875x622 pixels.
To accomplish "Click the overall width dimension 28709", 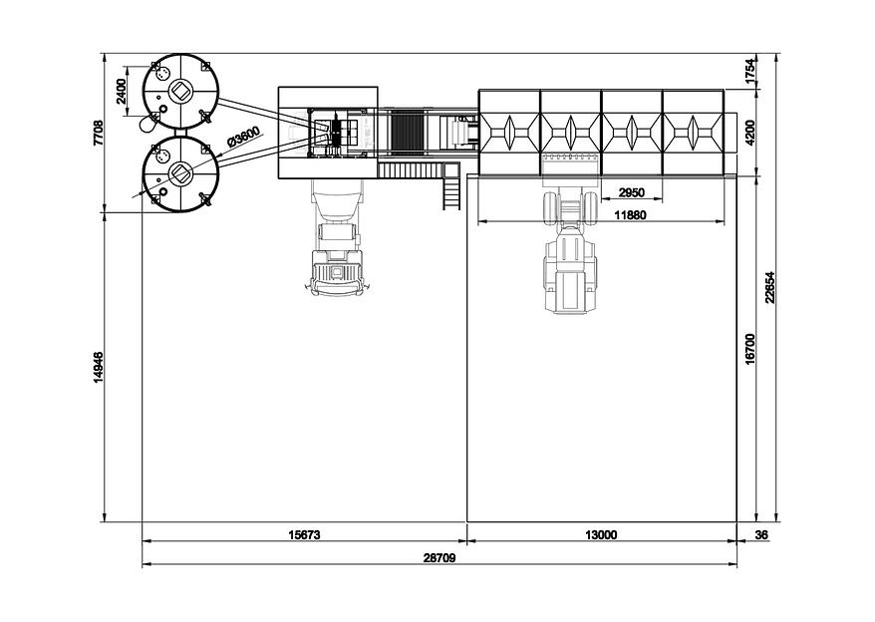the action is tap(440, 558).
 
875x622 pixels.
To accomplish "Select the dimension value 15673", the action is tap(304, 535).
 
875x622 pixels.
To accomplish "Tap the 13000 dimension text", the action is tap(601, 535).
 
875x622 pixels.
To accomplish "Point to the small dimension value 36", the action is tap(761, 535).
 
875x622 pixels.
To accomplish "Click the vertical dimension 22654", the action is tap(770, 287).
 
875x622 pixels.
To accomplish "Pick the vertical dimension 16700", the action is tap(750, 349).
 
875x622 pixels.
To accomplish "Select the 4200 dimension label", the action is tap(750, 133).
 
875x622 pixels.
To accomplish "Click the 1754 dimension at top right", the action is tap(750, 72).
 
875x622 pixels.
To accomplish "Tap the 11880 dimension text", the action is tap(630, 214).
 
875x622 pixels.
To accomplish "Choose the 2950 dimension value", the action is tap(631, 192).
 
